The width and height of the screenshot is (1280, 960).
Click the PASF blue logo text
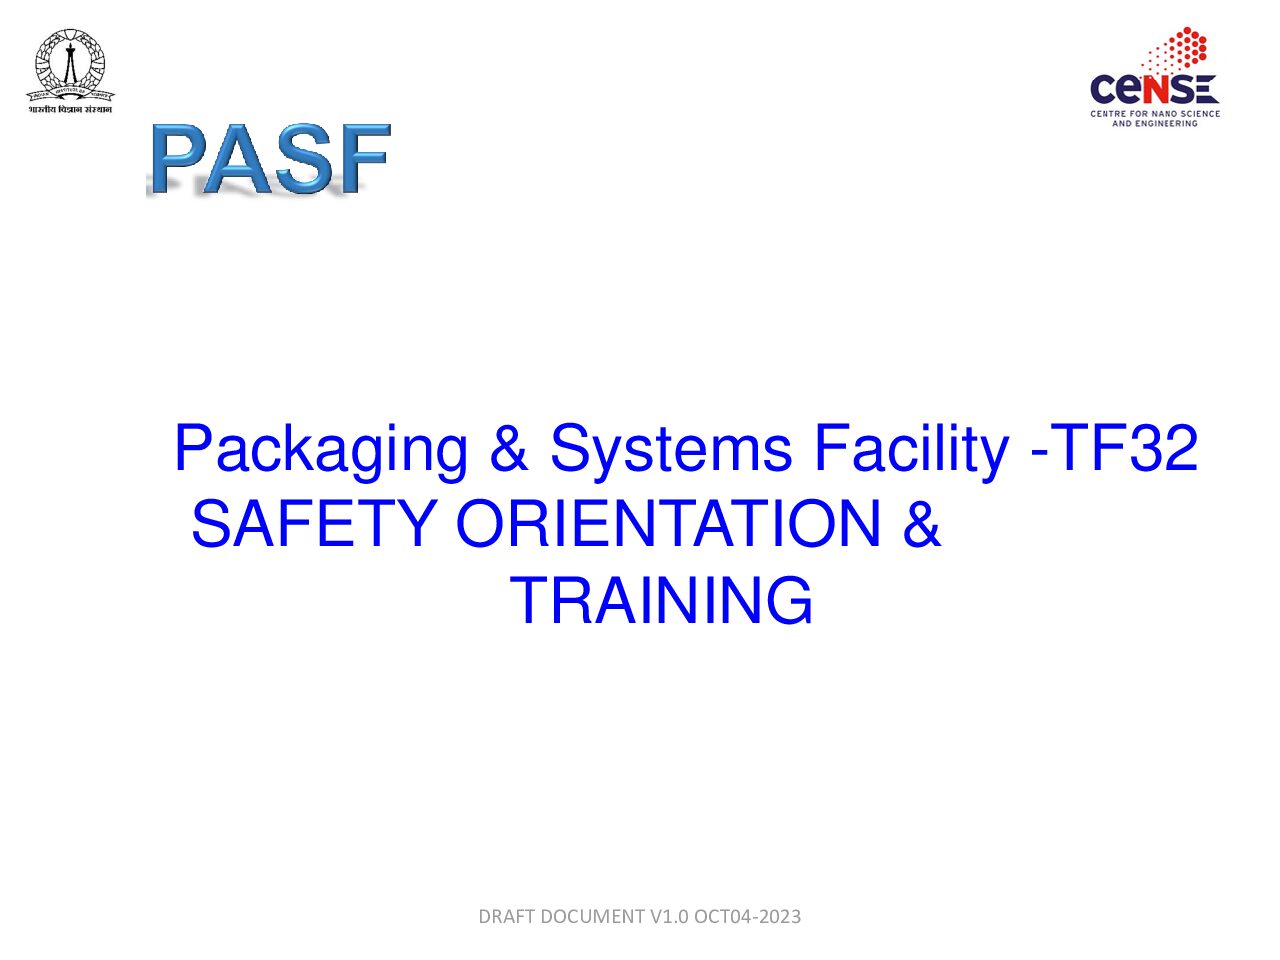point(269,158)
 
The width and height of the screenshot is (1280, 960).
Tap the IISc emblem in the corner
point(70,62)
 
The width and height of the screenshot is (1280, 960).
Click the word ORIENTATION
point(668,524)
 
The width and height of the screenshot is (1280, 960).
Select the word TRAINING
point(661,601)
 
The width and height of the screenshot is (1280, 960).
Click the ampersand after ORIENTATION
point(921,524)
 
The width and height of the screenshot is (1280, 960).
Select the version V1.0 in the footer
point(669,916)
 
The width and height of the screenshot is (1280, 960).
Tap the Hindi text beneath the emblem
point(70,109)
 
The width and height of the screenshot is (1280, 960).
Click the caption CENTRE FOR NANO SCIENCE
point(1155,114)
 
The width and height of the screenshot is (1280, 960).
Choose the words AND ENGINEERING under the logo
point(1155,123)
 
